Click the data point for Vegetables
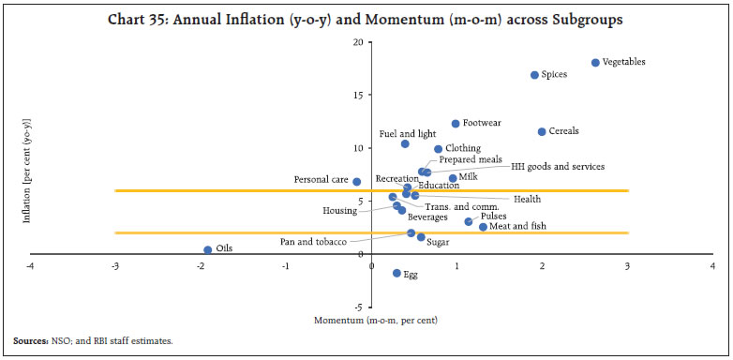coord(595,63)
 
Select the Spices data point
coord(534,75)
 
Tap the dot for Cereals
coord(542,132)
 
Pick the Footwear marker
coord(456,124)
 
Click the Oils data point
coord(207,249)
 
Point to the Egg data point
coord(396,273)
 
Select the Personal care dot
coord(357,182)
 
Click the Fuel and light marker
coord(405,143)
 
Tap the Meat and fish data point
coord(483,227)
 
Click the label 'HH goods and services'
coord(557,166)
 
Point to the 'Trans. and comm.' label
coord(461,206)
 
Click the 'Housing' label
coord(339,211)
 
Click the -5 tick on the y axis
coord(359,307)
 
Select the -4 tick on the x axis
coord(30,266)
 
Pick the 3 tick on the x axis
coord(627,266)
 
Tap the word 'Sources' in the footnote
coord(29,341)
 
